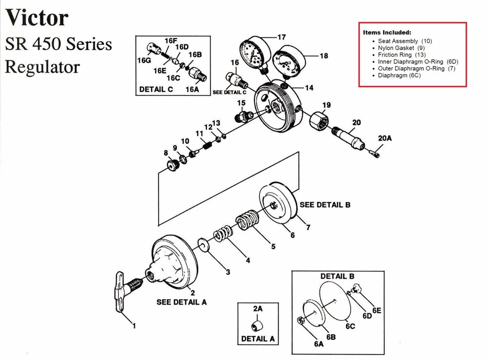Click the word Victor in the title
point(37,19)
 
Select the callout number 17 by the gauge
point(281,37)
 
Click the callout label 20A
point(385,138)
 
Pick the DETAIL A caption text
point(258,338)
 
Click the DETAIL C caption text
point(156,89)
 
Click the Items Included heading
point(387,32)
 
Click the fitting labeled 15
point(243,116)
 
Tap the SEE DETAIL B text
point(325,205)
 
